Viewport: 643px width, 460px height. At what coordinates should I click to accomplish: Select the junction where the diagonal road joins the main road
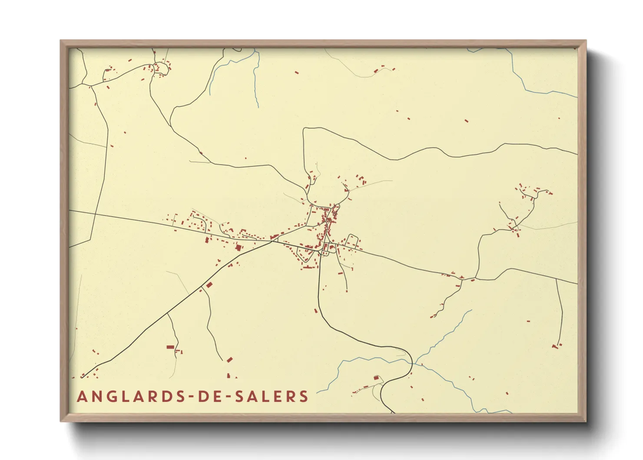[x=272, y=241]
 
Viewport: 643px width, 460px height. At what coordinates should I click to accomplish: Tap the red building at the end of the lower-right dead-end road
[x=554, y=347]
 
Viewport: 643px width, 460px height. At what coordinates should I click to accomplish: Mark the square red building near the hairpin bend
[x=376, y=377]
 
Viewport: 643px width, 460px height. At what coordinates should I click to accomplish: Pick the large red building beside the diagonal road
[x=209, y=285]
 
